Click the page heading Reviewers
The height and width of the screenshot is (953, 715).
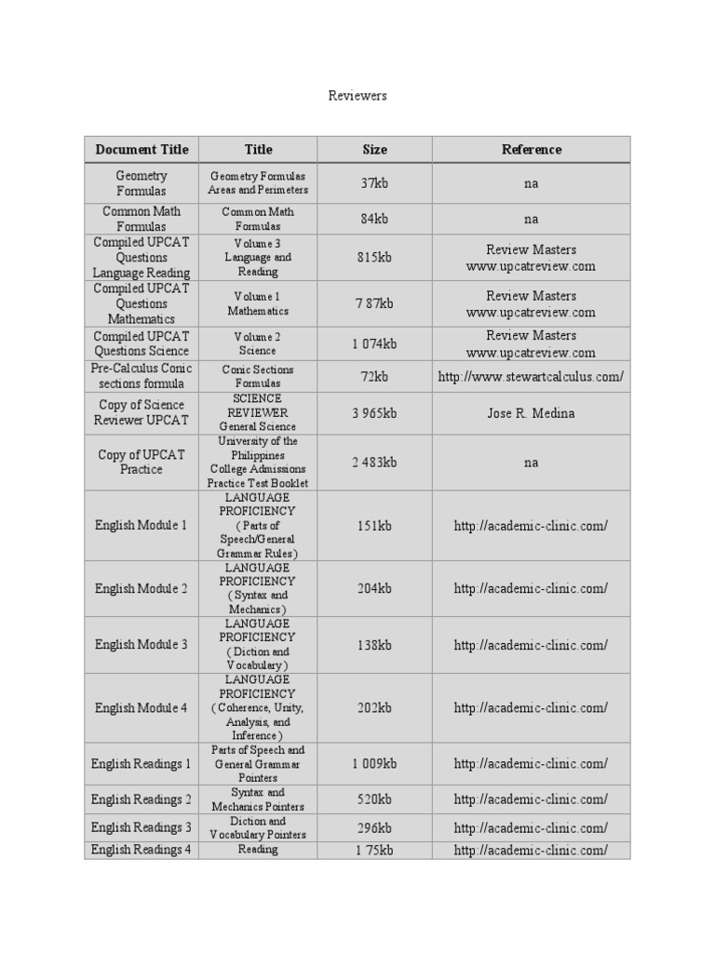(357, 96)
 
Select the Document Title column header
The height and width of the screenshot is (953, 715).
(142, 149)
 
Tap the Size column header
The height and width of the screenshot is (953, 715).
(374, 149)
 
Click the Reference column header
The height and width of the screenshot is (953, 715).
(532, 149)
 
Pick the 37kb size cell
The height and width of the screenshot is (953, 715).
(374, 183)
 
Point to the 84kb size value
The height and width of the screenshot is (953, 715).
(374, 219)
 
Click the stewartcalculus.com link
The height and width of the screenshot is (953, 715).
(531, 377)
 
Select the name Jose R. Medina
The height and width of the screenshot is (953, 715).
(531, 413)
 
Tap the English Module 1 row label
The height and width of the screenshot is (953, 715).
(142, 526)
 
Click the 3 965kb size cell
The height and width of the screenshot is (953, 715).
(374, 413)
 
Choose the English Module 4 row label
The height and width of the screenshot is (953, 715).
(142, 708)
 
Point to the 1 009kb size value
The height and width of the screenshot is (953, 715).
(374, 764)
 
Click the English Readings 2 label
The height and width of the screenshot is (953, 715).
(142, 799)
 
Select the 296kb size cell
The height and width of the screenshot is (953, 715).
(374, 827)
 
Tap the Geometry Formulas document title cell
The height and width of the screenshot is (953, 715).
(142, 182)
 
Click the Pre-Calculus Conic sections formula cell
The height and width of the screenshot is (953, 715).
(142, 376)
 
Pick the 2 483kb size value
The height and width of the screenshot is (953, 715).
(374, 463)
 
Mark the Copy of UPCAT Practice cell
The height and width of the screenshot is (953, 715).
(142, 462)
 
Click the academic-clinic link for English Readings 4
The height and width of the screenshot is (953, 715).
(531, 851)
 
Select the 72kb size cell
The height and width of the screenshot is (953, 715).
(374, 377)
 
